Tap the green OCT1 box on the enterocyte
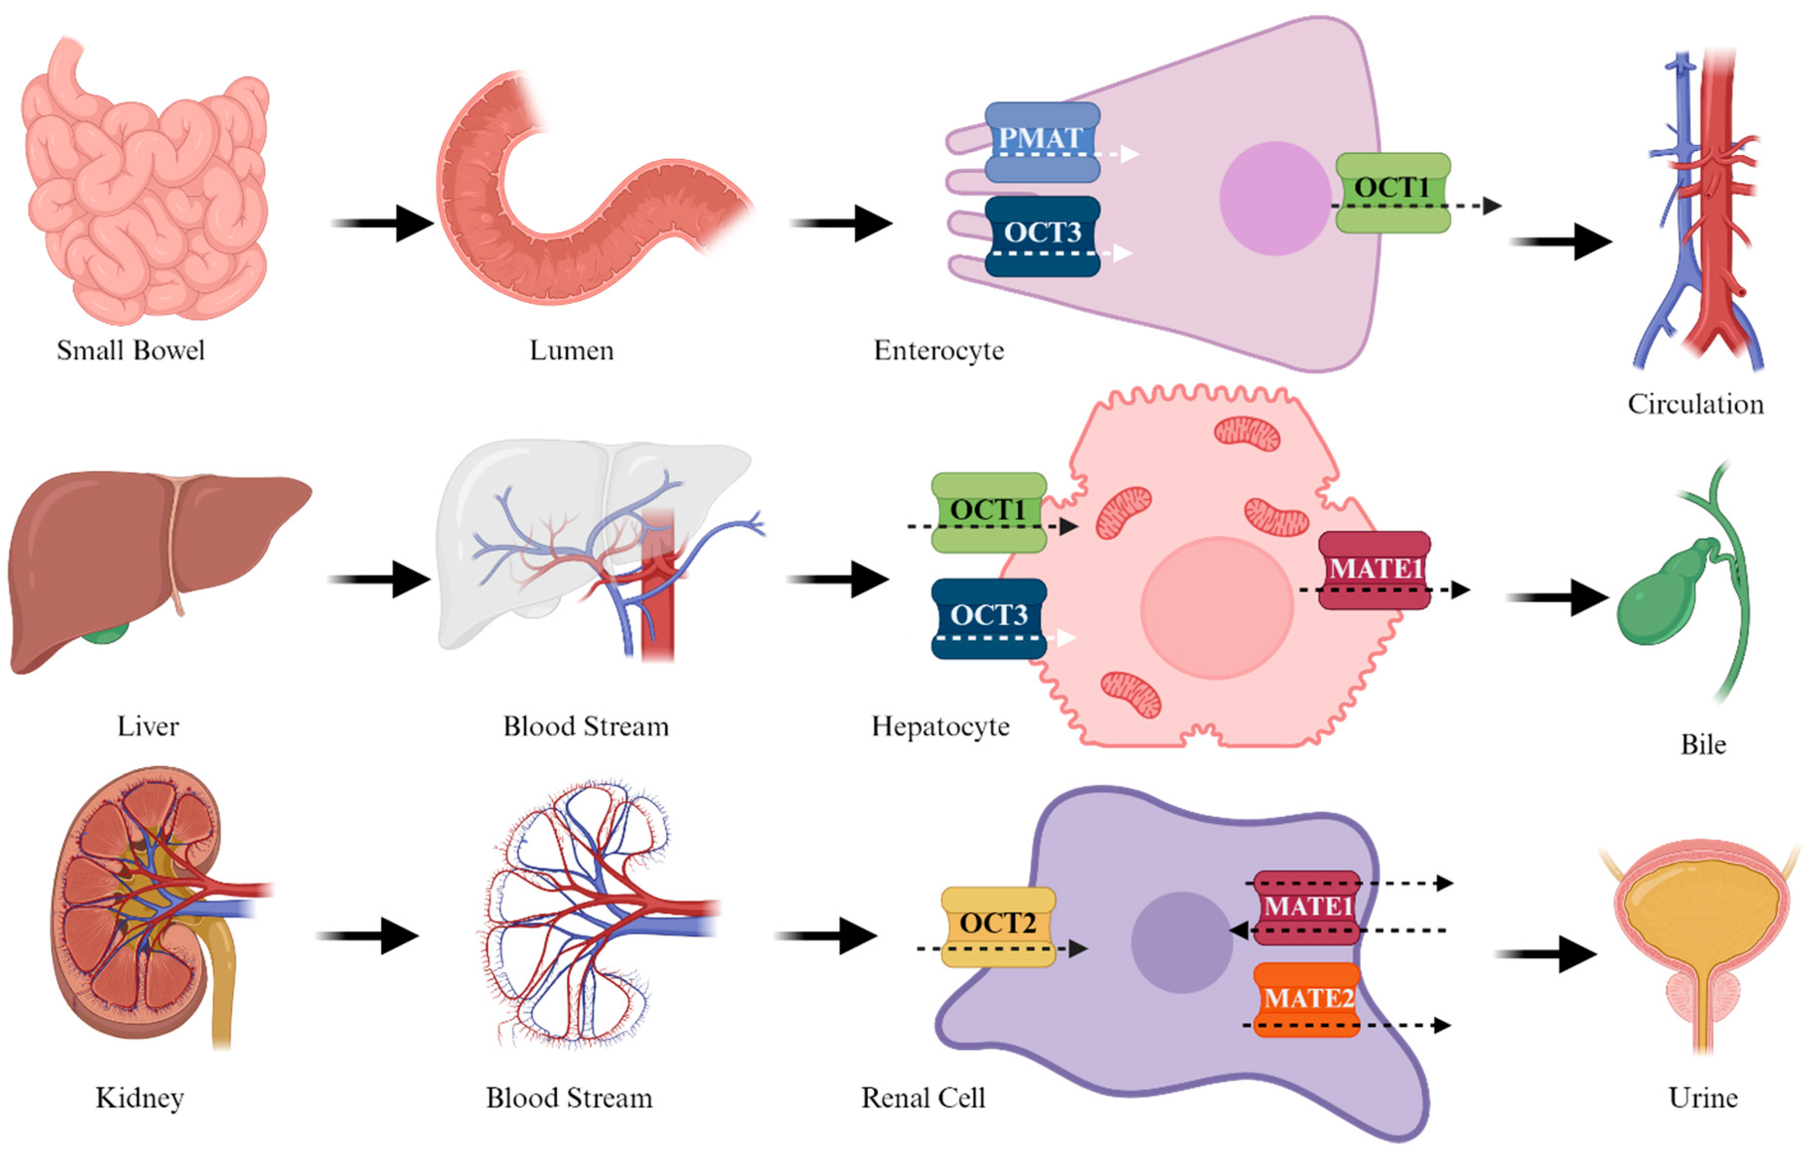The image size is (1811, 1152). (1393, 193)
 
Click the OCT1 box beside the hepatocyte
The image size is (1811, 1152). (988, 512)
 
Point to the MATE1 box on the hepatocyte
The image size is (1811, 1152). (1374, 569)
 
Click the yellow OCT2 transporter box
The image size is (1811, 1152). (998, 926)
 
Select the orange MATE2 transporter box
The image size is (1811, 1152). (1307, 1000)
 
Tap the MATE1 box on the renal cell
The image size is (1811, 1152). (1307, 907)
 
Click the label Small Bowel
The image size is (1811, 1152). (131, 351)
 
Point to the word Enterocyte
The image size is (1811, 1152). (939, 351)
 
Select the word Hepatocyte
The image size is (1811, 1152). (940, 726)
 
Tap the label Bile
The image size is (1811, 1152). (1703, 744)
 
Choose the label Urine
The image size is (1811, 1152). (1703, 1098)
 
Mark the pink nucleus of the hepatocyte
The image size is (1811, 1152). (1216, 608)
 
